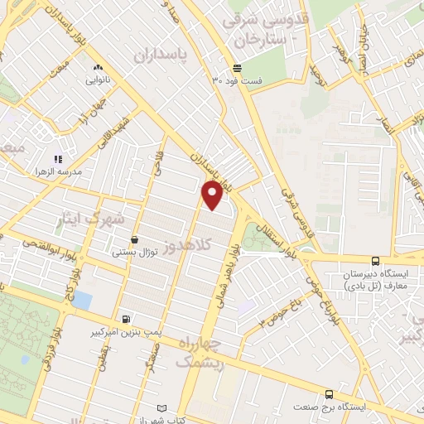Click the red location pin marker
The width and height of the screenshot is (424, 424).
coord(213,195)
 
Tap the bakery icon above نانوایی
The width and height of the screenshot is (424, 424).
coord(98,68)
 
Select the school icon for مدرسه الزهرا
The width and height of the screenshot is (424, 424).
coord(58,159)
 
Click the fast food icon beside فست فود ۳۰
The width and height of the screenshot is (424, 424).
coord(238,68)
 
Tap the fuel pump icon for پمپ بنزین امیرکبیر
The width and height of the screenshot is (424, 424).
coord(125,319)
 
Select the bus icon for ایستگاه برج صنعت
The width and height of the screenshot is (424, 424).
coord(329,395)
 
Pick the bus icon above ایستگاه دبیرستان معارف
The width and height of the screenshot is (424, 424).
coord(375,261)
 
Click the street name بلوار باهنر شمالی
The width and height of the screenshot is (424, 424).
coord(226,274)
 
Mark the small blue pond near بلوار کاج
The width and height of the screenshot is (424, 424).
coord(81,300)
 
